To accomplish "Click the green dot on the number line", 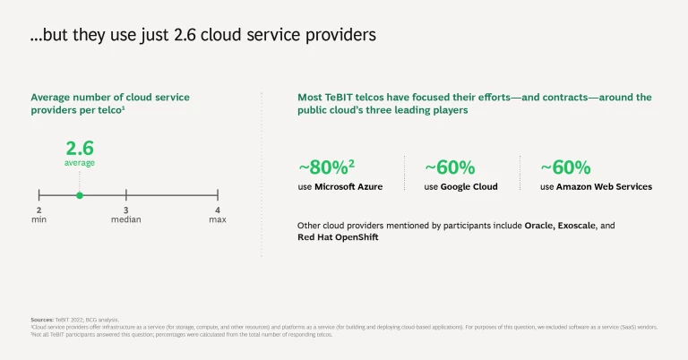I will [80, 194].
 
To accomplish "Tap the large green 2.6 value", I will [80, 148].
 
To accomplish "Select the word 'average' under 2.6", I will [80, 163].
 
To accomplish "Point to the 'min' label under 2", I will [39, 219].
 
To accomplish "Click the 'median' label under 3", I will [126, 219].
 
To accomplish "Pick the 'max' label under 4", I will [218, 219].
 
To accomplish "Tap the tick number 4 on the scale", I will [218, 210].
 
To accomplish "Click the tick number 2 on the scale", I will [39, 210].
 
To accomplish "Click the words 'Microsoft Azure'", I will [348, 186].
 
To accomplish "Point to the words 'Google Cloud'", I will [469, 186].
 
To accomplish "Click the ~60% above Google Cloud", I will [450, 167].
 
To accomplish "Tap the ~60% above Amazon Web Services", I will [565, 167].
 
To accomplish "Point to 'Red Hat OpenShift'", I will [338, 237].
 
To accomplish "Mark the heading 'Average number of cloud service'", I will [110, 97].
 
